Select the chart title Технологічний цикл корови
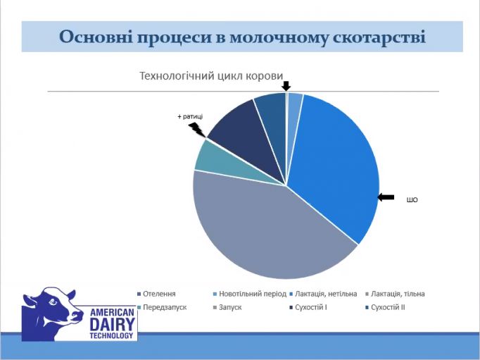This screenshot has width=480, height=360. [x=210, y=75]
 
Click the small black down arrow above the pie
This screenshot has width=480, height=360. [x=286, y=86]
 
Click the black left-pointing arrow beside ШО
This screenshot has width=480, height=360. [x=386, y=197]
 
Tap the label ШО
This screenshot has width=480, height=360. [x=412, y=199]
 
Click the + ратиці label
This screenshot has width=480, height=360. [x=189, y=117]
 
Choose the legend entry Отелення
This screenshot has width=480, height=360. [x=158, y=294]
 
